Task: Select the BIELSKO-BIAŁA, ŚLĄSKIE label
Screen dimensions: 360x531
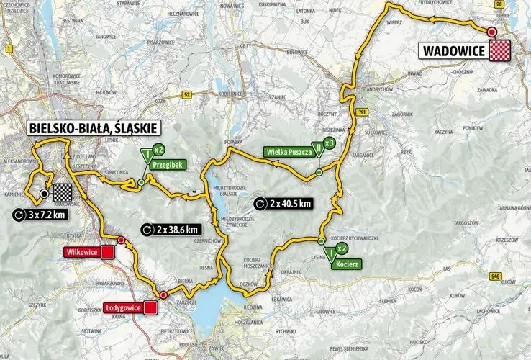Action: click(94, 128)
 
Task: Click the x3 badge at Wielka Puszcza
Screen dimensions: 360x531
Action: click(329, 143)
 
